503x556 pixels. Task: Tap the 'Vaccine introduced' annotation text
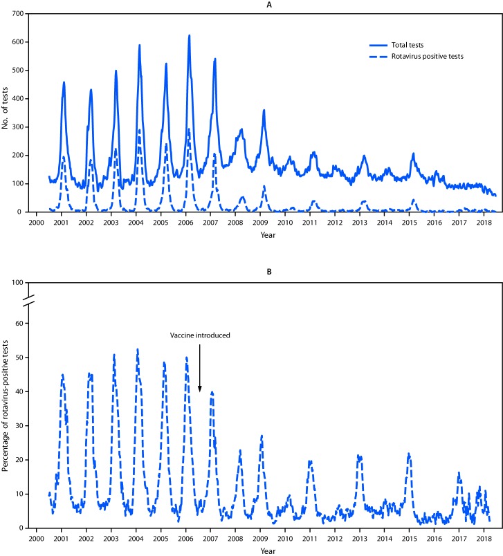point(201,335)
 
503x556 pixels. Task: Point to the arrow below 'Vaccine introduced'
point(199,367)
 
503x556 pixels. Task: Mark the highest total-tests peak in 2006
point(189,35)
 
